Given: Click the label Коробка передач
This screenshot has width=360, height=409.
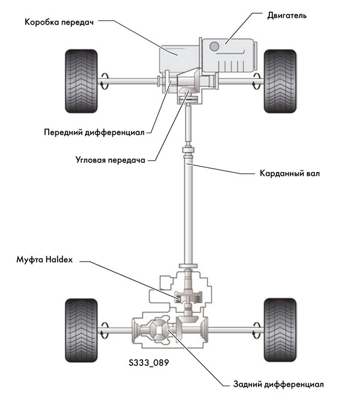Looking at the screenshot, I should [x=59, y=23].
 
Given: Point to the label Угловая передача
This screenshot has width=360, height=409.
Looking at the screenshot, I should [x=112, y=160].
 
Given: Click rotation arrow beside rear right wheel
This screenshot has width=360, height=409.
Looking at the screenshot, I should [x=257, y=327].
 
